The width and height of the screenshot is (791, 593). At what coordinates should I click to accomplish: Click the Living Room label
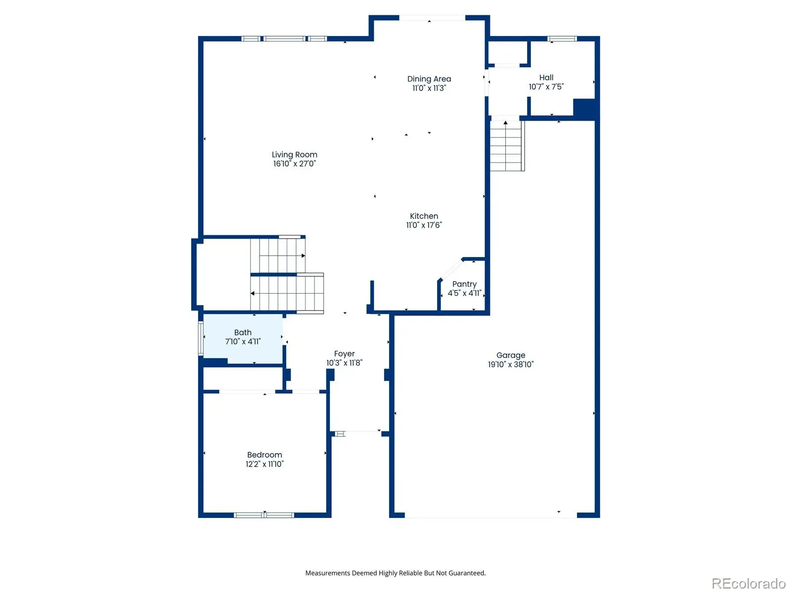click(294, 155)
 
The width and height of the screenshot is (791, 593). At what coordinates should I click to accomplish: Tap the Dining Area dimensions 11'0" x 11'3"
click(429, 88)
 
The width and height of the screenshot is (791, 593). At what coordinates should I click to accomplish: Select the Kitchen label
click(424, 216)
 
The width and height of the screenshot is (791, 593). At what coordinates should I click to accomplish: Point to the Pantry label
click(464, 284)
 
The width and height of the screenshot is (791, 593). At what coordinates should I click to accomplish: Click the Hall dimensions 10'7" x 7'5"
click(546, 87)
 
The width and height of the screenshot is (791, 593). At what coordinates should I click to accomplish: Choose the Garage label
click(511, 355)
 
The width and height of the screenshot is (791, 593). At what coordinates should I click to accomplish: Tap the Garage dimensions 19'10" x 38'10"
click(511, 364)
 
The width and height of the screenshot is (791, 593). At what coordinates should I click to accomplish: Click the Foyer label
click(344, 353)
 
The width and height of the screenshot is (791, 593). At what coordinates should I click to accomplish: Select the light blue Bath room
click(243, 339)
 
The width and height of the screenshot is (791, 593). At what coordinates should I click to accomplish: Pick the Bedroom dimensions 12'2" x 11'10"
click(264, 464)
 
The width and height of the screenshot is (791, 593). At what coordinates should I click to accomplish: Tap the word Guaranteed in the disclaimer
click(467, 573)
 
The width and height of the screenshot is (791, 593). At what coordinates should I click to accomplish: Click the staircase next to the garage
click(507, 146)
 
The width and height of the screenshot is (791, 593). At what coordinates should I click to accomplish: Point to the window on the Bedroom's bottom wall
click(264, 515)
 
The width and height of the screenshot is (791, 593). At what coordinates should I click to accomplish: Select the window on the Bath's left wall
click(201, 339)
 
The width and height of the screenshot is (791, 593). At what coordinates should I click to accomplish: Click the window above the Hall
click(562, 39)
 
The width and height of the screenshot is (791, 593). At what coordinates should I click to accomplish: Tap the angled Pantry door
click(451, 269)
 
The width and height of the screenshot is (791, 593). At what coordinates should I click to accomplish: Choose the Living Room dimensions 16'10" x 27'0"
click(294, 164)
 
